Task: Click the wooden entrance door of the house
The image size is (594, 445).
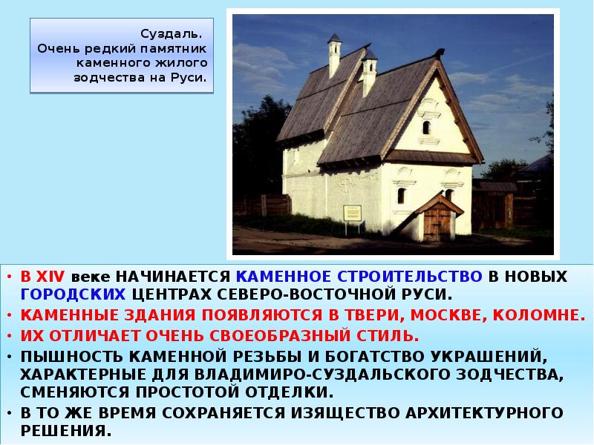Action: coord(437,221)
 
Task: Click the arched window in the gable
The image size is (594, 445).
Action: coord(426,127)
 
